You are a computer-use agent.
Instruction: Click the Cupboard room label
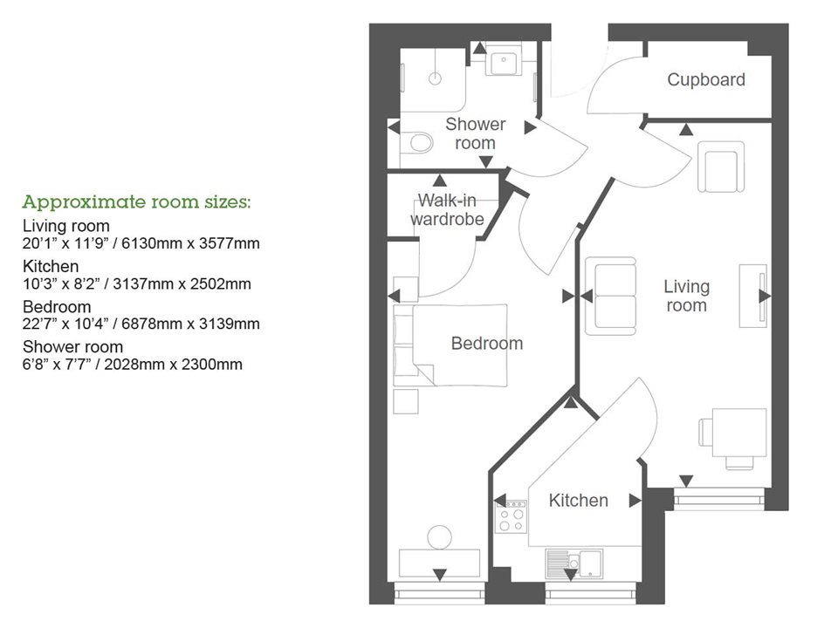pyautogui.click(x=706, y=80)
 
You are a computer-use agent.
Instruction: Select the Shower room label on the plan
pyautogui.click(x=475, y=133)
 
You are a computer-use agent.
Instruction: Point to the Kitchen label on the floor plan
pyautogui.click(x=578, y=500)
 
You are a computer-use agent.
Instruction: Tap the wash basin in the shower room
pyautogui.click(x=504, y=63)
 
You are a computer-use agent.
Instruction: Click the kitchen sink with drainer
pyautogui.click(x=575, y=563)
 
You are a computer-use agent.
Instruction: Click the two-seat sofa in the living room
pyautogui.click(x=610, y=296)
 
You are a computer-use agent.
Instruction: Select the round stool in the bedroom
pyautogui.click(x=439, y=536)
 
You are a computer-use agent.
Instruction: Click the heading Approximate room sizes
pyautogui.click(x=137, y=202)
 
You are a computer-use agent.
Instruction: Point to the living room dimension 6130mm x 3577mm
pyautogui.click(x=141, y=243)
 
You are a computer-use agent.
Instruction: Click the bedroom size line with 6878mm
pyautogui.click(x=141, y=324)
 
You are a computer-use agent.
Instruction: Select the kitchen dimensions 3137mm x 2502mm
pyautogui.click(x=137, y=283)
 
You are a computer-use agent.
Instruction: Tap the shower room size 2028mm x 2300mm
pyautogui.click(x=133, y=364)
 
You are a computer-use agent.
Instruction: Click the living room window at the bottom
pyautogui.click(x=718, y=500)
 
